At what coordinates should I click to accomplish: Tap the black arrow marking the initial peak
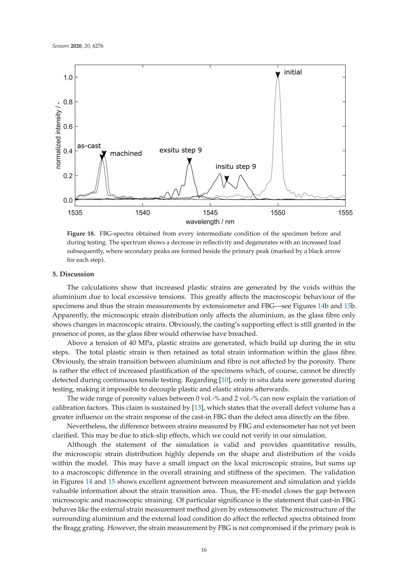[278, 74]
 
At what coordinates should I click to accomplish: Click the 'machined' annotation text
[126, 153]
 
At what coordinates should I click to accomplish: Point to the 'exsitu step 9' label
[180, 150]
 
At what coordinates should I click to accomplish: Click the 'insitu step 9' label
[235, 166]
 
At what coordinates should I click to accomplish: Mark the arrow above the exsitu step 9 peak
[189, 161]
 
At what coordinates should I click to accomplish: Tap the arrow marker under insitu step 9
[226, 178]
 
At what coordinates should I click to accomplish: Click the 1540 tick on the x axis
[142, 213]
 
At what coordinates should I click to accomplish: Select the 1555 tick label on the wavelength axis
[345, 213]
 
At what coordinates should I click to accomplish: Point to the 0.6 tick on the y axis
[68, 127]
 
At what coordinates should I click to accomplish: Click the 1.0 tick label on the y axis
[68, 77]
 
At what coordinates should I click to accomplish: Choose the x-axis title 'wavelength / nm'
[210, 222]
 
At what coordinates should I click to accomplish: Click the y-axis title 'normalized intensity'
[58, 135]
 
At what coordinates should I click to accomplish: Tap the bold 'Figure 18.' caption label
[81, 234]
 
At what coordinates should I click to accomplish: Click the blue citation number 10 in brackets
[225, 380]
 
